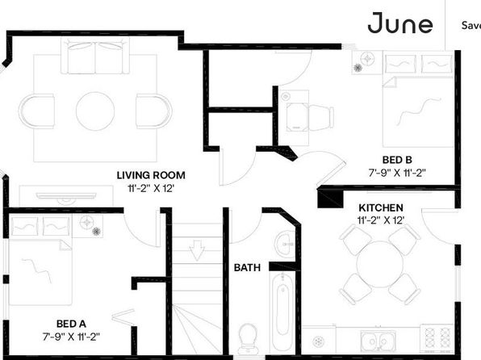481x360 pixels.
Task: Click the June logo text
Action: click(x=400, y=23)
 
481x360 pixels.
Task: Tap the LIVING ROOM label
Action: click(x=151, y=175)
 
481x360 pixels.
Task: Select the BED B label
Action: click(x=397, y=160)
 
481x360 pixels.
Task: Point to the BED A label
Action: click(x=71, y=324)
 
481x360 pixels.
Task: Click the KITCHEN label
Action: click(x=381, y=207)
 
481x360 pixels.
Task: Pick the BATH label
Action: click(x=247, y=268)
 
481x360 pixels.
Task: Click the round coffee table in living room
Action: click(x=95, y=111)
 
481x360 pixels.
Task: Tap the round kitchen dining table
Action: click(x=380, y=264)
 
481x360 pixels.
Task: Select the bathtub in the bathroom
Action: click(x=282, y=311)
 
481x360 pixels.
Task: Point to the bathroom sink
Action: click(x=285, y=244)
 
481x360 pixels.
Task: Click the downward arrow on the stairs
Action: click(x=197, y=250)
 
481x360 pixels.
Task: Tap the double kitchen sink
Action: click(x=379, y=341)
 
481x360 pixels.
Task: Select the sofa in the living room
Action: click(x=95, y=56)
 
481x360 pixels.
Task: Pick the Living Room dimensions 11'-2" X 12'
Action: click(x=151, y=188)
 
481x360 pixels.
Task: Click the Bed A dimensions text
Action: click(x=71, y=337)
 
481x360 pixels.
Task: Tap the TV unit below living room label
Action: click(x=66, y=196)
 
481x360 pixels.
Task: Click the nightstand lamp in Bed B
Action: click(x=367, y=59)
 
